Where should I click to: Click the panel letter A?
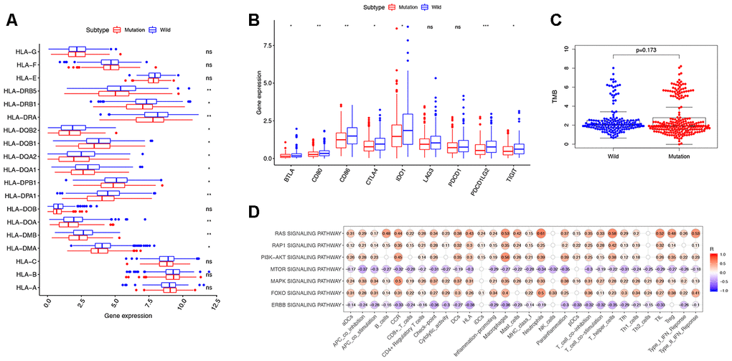(x=11, y=19)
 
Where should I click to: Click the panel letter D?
(x=253, y=213)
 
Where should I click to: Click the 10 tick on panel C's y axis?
(x=567, y=49)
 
